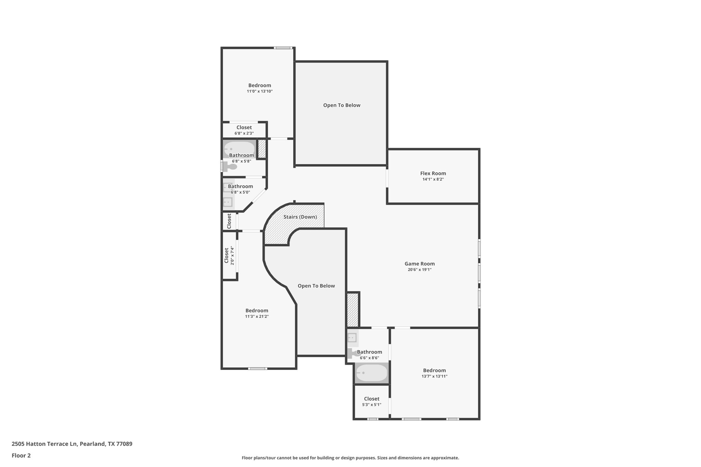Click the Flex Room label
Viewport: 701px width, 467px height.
(433, 173)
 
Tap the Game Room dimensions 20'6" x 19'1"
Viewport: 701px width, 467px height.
(419, 270)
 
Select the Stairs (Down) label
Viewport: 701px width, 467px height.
(300, 217)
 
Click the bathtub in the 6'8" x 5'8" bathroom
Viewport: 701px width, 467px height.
(239, 148)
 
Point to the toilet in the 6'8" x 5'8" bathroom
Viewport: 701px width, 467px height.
(231, 167)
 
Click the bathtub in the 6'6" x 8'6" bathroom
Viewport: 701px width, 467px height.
(371, 373)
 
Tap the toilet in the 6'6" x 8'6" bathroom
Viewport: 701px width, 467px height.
(352, 354)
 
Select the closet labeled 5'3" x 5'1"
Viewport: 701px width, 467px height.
(371, 401)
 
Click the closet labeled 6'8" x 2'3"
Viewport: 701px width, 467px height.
(244, 130)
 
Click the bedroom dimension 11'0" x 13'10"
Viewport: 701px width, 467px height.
(259, 91)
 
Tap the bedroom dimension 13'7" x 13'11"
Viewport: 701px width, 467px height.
(434, 376)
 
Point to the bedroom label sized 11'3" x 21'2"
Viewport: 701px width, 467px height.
(257, 311)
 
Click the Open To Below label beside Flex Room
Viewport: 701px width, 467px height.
(342, 105)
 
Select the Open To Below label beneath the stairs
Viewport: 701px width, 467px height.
(316, 286)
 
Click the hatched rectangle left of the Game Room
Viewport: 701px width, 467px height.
(352, 310)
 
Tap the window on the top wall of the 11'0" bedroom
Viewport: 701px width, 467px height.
(283, 48)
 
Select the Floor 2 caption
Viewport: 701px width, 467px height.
(21, 455)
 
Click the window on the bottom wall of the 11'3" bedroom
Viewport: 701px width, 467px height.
(257, 368)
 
